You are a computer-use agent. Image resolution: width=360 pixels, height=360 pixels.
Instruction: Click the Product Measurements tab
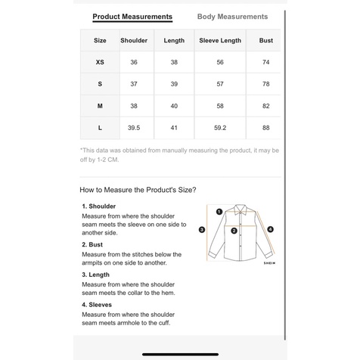coord(132,17)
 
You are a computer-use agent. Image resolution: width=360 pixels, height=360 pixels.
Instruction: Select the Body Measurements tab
coord(232,17)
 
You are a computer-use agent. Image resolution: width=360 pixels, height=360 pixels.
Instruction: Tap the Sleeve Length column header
coord(220,40)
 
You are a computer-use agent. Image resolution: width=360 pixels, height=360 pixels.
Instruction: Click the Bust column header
coord(266,40)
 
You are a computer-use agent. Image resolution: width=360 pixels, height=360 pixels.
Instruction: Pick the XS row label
coord(100,62)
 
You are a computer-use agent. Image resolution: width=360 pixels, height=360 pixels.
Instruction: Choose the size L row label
coord(100,128)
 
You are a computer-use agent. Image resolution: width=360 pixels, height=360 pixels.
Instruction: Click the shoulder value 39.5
coord(134,128)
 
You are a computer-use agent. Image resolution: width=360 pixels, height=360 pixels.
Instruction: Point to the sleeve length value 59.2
coord(220,128)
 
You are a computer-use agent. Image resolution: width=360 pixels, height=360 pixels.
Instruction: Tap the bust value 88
coord(266,128)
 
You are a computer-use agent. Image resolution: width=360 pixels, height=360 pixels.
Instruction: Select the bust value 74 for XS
coord(266,62)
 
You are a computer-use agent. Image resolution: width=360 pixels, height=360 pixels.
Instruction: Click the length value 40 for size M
coord(174,106)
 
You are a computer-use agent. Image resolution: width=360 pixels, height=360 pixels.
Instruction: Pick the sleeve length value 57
coord(220,84)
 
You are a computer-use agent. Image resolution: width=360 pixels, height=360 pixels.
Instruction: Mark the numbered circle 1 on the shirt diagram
coord(219,212)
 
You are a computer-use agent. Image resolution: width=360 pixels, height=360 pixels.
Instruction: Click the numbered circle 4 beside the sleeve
coord(270,229)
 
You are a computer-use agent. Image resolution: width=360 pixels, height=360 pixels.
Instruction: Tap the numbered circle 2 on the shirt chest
coord(234,231)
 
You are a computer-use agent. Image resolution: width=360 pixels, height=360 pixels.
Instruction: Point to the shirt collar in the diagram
coord(241,209)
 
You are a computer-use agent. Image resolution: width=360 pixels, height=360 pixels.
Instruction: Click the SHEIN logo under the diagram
coord(269,263)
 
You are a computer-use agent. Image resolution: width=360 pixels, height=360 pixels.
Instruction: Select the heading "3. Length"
coord(95,275)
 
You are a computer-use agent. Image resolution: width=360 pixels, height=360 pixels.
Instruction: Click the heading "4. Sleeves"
coord(97,305)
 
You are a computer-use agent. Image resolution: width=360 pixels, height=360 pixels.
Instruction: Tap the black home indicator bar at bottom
coord(180,355)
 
